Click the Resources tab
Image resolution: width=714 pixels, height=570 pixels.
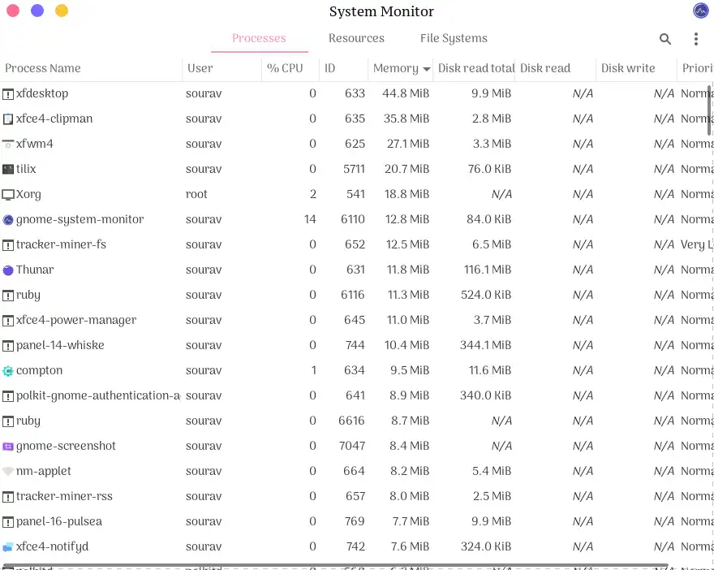(356, 38)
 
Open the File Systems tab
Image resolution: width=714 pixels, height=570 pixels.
(454, 38)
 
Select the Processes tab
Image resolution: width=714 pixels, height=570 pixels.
(259, 38)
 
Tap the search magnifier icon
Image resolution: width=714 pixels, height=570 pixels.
(665, 39)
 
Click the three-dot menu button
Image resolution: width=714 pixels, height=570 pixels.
(696, 39)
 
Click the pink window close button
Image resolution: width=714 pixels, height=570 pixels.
(13, 11)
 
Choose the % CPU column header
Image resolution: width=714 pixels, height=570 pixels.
(285, 68)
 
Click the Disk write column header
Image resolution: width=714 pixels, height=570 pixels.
(628, 68)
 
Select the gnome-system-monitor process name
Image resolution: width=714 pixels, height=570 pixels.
(80, 219)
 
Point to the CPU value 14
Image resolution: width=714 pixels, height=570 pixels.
(310, 219)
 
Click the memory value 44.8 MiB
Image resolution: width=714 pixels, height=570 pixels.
(406, 93)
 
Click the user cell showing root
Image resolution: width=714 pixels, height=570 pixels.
(196, 194)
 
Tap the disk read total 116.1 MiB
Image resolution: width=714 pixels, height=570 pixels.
(487, 270)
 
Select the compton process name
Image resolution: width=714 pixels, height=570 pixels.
(39, 370)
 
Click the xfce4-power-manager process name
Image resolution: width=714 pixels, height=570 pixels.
(76, 320)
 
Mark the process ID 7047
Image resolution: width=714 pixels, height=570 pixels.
(351, 446)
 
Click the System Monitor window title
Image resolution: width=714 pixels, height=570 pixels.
(381, 11)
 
